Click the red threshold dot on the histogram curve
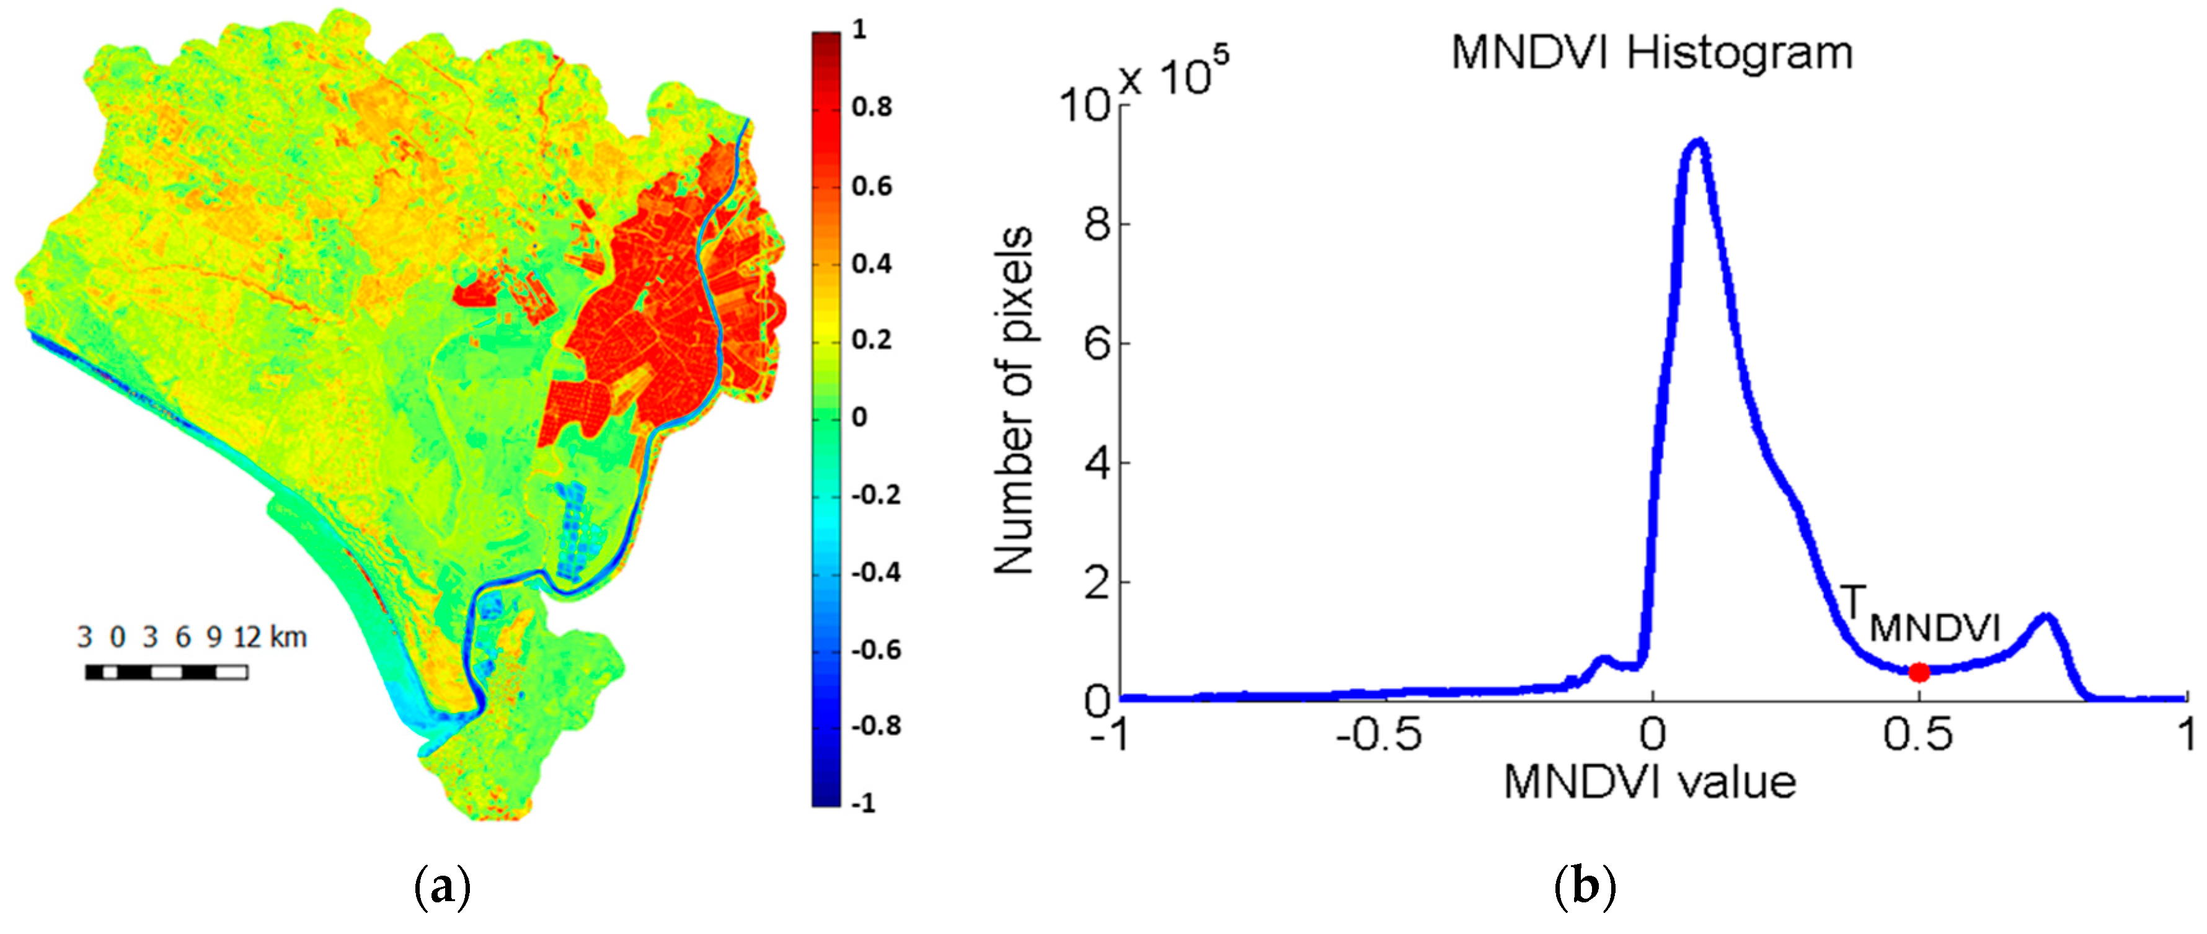coord(1919,672)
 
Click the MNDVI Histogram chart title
coord(1652,53)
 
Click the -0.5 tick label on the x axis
coord(1379,735)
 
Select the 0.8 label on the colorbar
coord(871,108)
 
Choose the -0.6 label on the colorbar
coord(874,649)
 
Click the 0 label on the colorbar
coord(859,417)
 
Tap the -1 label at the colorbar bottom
coord(863,803)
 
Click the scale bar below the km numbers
coord(166,672)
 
